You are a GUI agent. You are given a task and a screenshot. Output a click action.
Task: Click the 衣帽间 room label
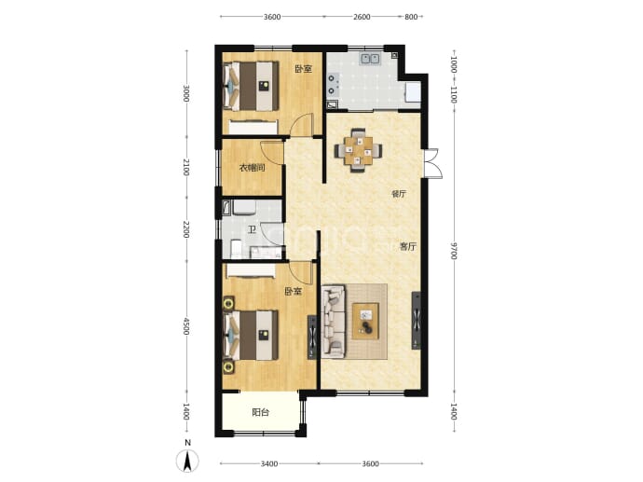[x=252, y=168]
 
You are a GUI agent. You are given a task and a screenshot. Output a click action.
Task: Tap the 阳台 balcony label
[x=260, y=412]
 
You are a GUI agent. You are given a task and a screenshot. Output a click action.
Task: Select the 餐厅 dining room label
[x=399, y=194]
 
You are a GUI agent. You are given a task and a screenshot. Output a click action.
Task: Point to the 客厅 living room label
[x=408, y=246]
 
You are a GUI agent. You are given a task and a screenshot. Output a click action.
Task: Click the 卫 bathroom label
[x=252, y=230]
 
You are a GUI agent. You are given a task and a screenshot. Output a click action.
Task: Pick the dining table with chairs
[x=359, y=150]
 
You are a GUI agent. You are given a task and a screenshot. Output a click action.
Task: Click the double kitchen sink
[x=370, y=59]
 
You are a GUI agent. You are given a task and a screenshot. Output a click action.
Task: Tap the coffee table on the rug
[x=365, y=321]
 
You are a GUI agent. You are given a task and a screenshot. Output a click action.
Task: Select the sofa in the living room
[x=334, y=321]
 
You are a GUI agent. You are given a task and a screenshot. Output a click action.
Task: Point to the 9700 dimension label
[x=453, y=251]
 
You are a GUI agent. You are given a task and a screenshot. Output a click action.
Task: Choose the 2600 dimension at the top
[x=362, y=17]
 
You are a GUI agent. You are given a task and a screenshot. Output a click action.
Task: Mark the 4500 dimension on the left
[x=186, y=326]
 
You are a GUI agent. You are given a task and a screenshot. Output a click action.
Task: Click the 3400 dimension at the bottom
[x=269, y=464]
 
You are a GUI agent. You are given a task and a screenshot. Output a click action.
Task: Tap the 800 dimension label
[x=411, y=17]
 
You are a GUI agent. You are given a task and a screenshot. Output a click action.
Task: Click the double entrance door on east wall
[x=432, y=163]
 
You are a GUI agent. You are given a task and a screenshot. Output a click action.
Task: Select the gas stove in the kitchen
[x=333, y=84]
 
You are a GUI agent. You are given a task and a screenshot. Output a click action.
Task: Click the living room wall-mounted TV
[x=417, y=321]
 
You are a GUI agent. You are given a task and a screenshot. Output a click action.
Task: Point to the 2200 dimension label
[x=186, y=229]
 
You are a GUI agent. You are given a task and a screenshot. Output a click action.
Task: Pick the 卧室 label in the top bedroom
[x=304, y=69]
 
